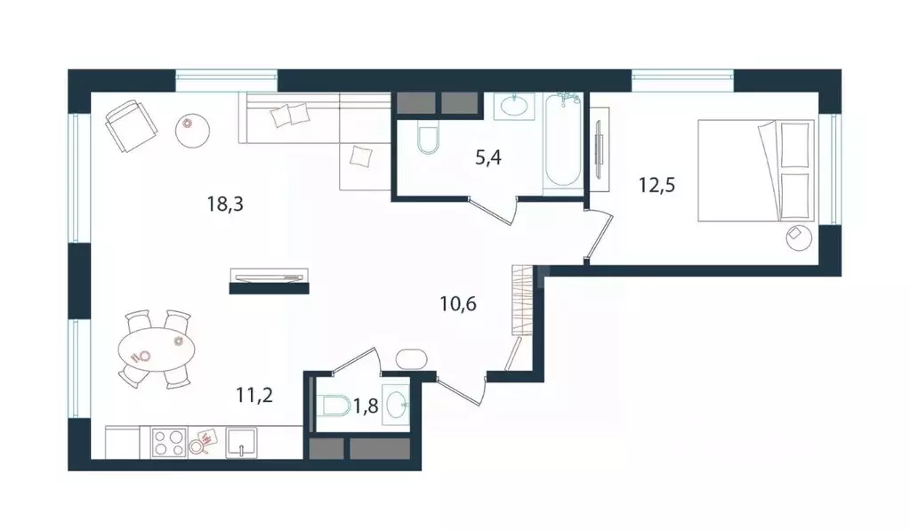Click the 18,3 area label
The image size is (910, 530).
pos(224,204)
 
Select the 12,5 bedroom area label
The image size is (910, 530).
pos(655,186)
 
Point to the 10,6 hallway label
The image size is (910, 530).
pos(458,304)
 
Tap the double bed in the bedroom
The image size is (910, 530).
pos(756,171)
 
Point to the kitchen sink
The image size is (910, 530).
pos(241,443)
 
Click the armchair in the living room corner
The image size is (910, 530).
pos(127,125)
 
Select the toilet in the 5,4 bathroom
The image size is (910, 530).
pos(428,139)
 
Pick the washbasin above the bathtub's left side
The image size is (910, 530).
pos(514,107)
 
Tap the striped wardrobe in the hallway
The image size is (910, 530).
pos(525,300)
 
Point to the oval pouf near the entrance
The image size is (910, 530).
pos(412,359)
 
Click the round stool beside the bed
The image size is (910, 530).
pos(797,237)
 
